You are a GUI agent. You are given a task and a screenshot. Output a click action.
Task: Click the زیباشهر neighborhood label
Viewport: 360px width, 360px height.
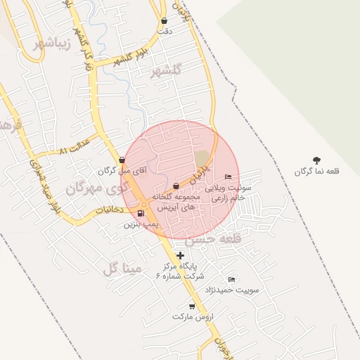click(52, 44)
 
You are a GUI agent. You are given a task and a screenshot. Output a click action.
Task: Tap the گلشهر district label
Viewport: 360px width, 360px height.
click(166, 70)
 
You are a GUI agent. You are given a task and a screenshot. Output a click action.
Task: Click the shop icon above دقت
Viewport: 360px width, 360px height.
click(165, 20)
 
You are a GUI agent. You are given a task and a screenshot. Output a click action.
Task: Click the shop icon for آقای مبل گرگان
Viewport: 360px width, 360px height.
click(122, 160)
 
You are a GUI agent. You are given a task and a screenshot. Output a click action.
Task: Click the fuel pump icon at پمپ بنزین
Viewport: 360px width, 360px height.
click(141, 214)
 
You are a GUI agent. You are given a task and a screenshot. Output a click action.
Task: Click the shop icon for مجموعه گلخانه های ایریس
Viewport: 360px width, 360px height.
click(175, 186)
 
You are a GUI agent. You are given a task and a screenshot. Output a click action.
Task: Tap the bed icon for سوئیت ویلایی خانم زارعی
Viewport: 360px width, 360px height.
click(226, 176)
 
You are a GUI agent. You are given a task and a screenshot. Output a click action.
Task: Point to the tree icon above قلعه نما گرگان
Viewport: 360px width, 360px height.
click(316, 160)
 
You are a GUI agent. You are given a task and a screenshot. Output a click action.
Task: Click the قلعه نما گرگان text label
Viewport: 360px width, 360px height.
click(316, 172)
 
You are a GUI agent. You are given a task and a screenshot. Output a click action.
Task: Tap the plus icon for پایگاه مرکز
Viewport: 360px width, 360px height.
click(180, 255)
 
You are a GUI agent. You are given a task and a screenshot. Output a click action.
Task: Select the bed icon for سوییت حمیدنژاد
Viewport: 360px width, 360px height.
click(232, 278)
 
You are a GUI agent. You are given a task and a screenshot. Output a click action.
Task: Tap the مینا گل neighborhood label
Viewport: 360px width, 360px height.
click(122, 268)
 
